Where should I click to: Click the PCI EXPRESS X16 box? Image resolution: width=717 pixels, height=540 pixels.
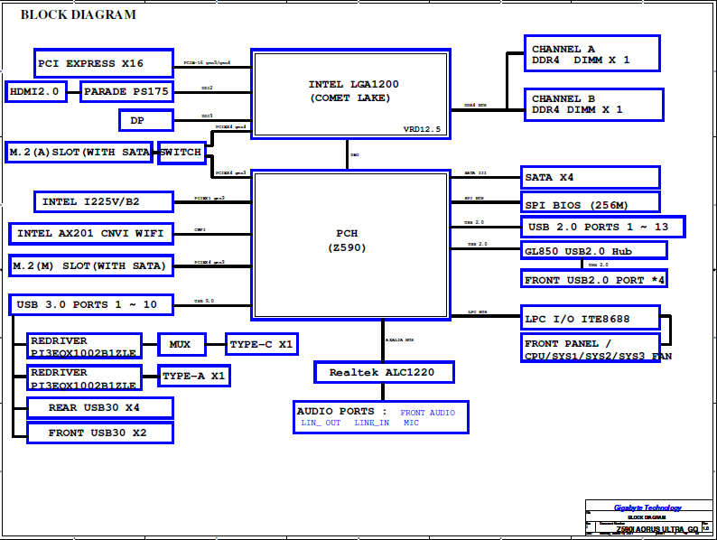(x=103, y=63)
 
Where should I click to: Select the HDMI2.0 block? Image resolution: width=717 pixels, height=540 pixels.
(x=36, y=91)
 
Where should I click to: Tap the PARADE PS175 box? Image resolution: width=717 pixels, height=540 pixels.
(x=126, y=91)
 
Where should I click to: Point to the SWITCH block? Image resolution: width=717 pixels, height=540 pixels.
(x=182, y=152)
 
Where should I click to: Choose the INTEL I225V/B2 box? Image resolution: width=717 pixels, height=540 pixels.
(x=91, y=201)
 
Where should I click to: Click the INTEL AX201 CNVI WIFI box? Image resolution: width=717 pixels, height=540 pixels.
(x=91, y=234)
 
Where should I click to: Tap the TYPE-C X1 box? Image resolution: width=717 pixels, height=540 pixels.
(x=261, y=344)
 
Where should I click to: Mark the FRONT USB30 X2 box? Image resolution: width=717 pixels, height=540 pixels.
(x=99, y=433)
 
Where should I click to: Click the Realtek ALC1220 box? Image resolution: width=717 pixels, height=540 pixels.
(x=384, y=371)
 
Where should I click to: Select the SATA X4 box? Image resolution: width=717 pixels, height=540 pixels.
(x=591, y=177)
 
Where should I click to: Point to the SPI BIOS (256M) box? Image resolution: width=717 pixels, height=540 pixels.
(x=591, y=202)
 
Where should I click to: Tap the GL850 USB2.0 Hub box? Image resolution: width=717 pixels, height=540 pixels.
(x=594, y=250)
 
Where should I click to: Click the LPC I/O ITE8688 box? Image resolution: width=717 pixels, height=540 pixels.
(x=591, y=319)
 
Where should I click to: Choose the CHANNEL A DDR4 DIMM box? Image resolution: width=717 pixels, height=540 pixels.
(x=591, y=54)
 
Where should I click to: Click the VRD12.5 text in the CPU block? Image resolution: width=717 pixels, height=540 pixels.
(x=422, y=130)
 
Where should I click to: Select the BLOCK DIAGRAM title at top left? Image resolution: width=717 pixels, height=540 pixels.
(x=79, y=14)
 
